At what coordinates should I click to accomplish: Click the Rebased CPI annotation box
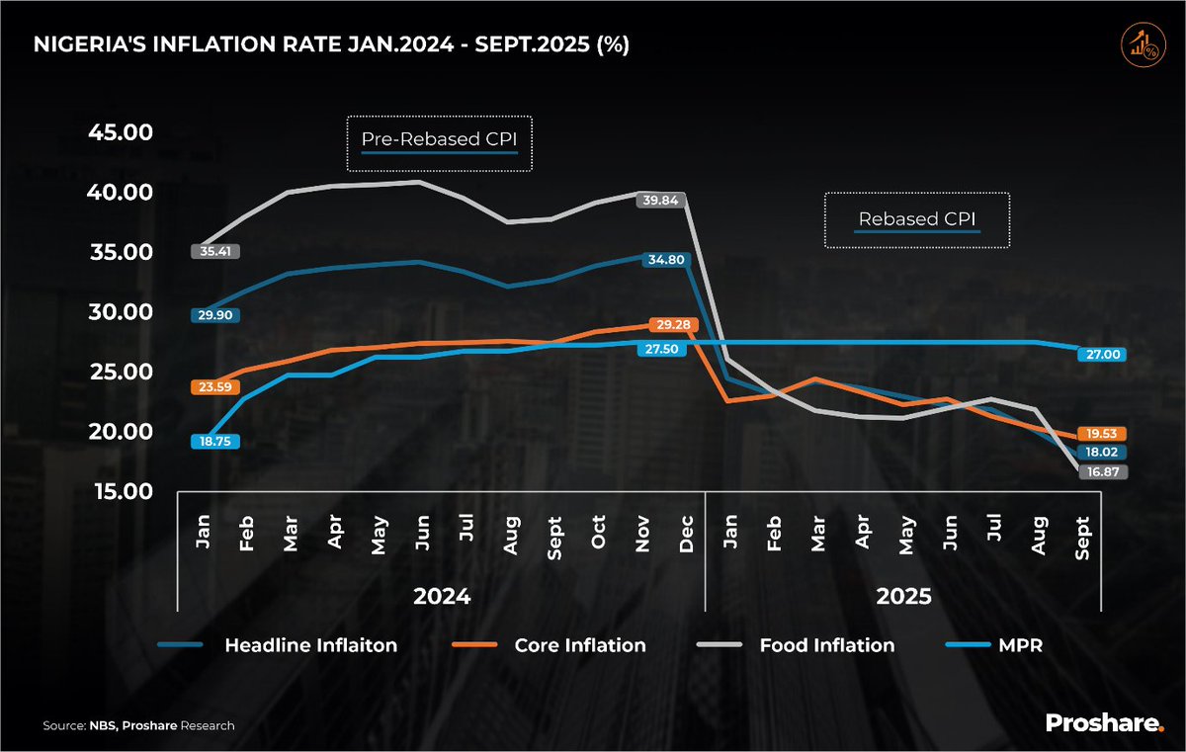[x=917, y=219]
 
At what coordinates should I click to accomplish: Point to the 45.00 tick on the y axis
[x=122, y=132]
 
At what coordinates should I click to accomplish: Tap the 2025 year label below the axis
[x=903, y=597]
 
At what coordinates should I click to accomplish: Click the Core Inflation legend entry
[x=579, y=645]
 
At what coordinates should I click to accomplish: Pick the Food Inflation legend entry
[x=826, y=645]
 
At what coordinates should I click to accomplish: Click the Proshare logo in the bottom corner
[x=1105, y=724]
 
